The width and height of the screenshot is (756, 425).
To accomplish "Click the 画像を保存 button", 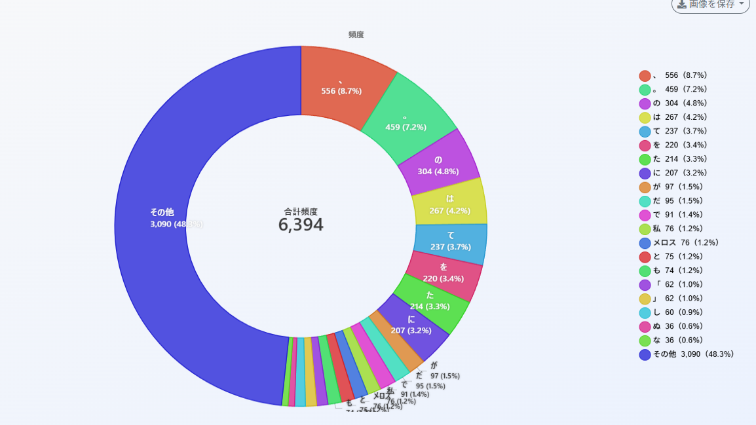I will tap(710, 5).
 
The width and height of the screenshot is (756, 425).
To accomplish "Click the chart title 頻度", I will tap(356, 35).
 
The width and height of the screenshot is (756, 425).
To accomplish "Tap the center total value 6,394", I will tap(301, 225).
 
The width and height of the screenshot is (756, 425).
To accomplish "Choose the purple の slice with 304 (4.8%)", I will tap(439, 164).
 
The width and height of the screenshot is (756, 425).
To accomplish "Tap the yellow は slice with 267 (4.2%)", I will tap(450, 202).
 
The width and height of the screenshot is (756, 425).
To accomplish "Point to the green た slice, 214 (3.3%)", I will tap(431, 300).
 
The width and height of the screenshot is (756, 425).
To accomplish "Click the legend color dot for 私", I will tap(645, 229).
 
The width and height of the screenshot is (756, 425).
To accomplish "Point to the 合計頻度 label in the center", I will tap(301, 211).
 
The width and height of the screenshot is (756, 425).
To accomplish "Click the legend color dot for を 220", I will tap(645, 145).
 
